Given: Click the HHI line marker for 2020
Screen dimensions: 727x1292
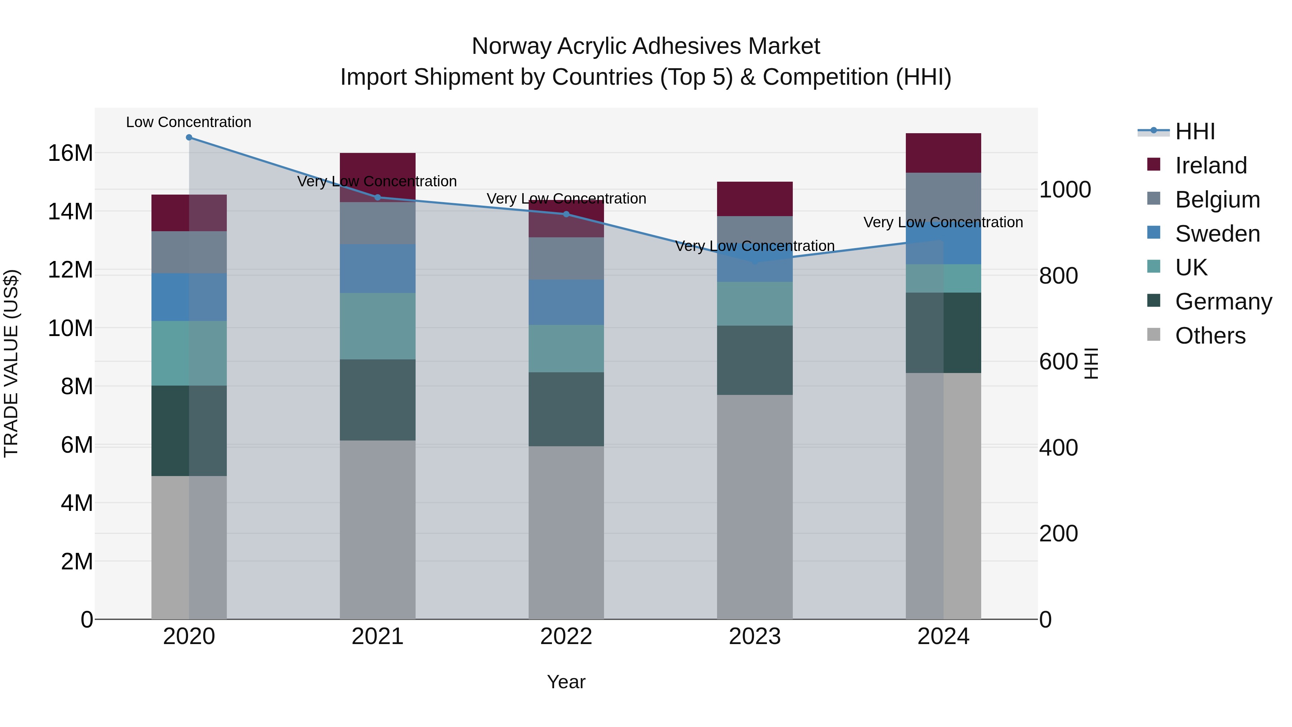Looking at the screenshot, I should click(189, 138).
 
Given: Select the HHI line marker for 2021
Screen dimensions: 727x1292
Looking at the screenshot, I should click(378, 197).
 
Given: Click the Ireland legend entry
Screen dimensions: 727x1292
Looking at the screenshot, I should click(1210, 166).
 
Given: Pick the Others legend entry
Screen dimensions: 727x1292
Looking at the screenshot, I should click(1210, 336).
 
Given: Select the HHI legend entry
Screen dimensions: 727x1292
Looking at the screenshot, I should click(1195, 131).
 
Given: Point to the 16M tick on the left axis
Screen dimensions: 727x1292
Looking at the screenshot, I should click(70, 153).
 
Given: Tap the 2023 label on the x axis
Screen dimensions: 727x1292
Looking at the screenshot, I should click(754, 637).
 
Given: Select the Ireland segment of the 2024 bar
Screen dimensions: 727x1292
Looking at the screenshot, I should click(943, 153).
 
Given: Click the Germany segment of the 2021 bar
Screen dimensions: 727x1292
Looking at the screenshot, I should click(378, 400).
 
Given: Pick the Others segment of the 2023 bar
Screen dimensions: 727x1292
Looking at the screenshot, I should click(754, 507).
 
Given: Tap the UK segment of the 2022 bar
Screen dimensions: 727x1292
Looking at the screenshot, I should click(566, 349).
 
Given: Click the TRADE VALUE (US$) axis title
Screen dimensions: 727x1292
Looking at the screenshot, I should click(11, 363).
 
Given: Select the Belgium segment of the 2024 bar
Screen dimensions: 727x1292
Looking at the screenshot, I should click(943, 196).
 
